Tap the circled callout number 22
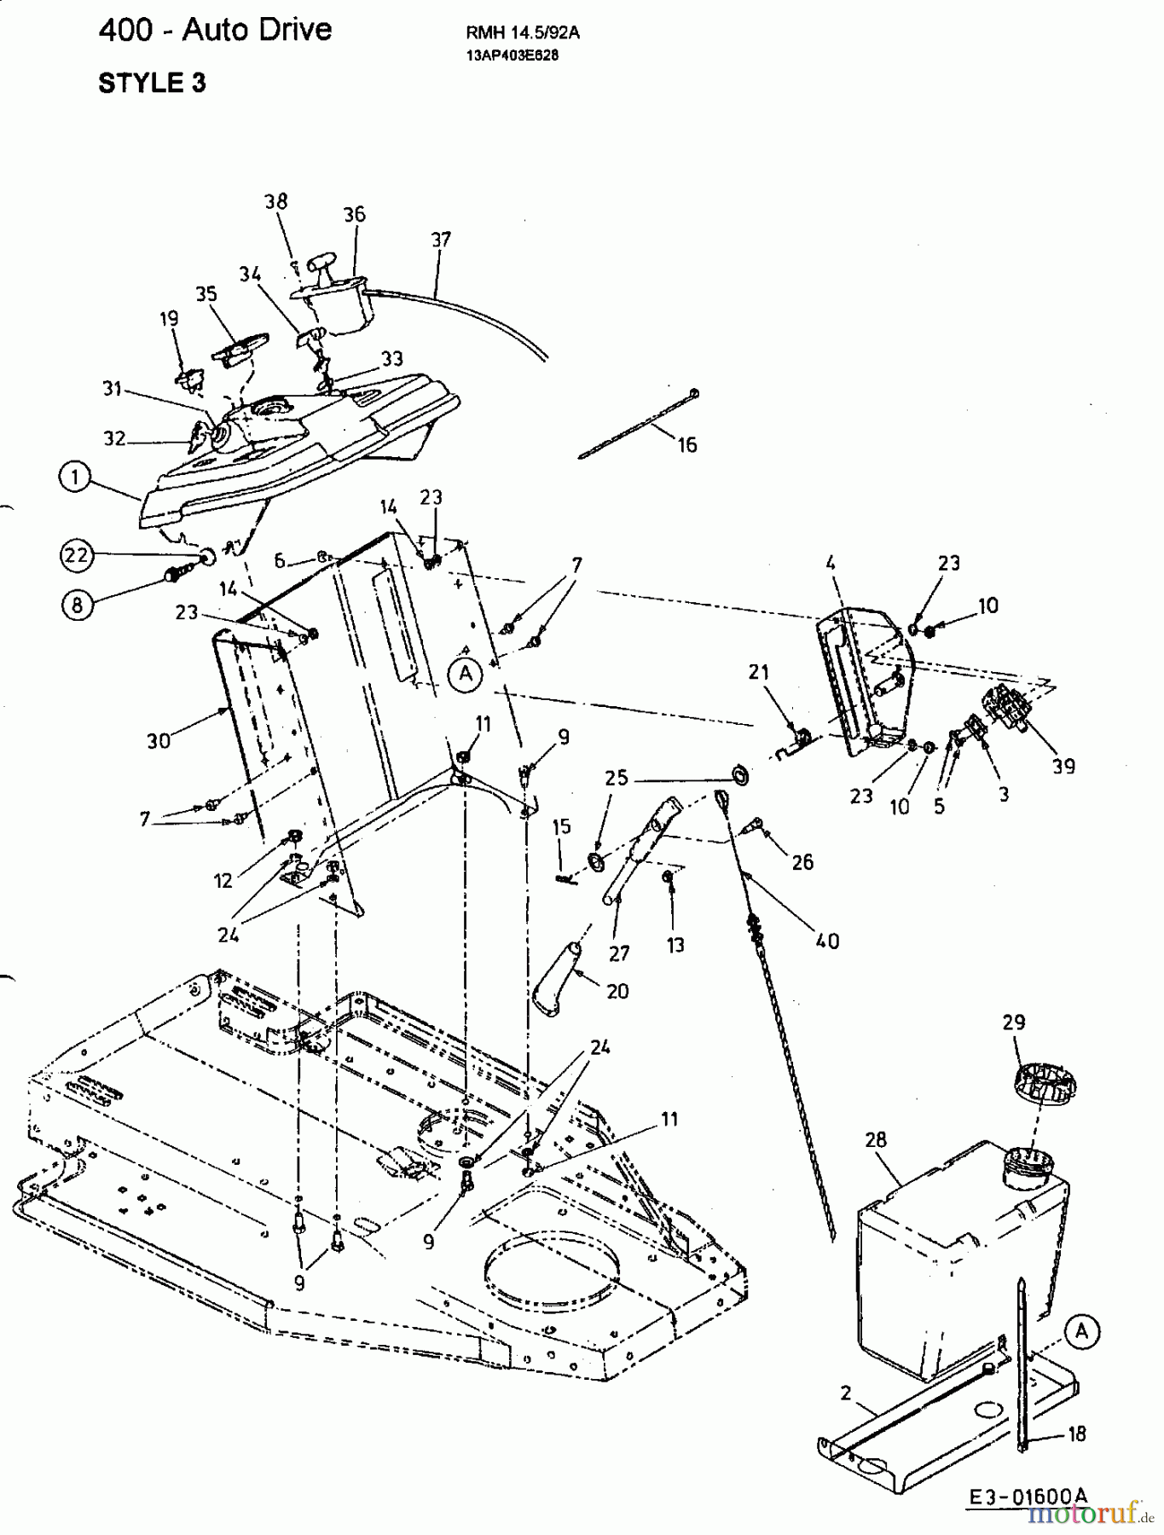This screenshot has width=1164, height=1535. (x=76, y=555)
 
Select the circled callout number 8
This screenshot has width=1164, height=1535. (x=77, y=605)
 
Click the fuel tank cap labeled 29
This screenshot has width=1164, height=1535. (x=1045, y=1087)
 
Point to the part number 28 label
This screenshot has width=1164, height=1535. (x=876, y=1139)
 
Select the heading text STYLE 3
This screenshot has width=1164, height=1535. (x=152, y=83)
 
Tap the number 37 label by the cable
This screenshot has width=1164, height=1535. (x=440, y=240)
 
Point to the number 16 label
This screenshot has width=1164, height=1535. (x=686, y=444)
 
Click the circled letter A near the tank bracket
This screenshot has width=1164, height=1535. (x=1082, y=1331)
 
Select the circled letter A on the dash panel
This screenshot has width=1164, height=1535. (x=465, y=674)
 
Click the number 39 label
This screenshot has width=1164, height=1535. (x=1063, y=766)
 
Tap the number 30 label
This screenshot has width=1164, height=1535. (x=159, y=741)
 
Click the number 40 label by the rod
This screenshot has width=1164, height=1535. (x=827, y=941)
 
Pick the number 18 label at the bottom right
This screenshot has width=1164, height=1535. (x=1076, y=1434)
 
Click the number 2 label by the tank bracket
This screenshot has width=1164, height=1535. (x=845, y=1393)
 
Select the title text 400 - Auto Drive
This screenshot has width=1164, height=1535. (x=215, y=30)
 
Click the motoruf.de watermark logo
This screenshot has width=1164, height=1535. (x=1089, y=1513)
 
